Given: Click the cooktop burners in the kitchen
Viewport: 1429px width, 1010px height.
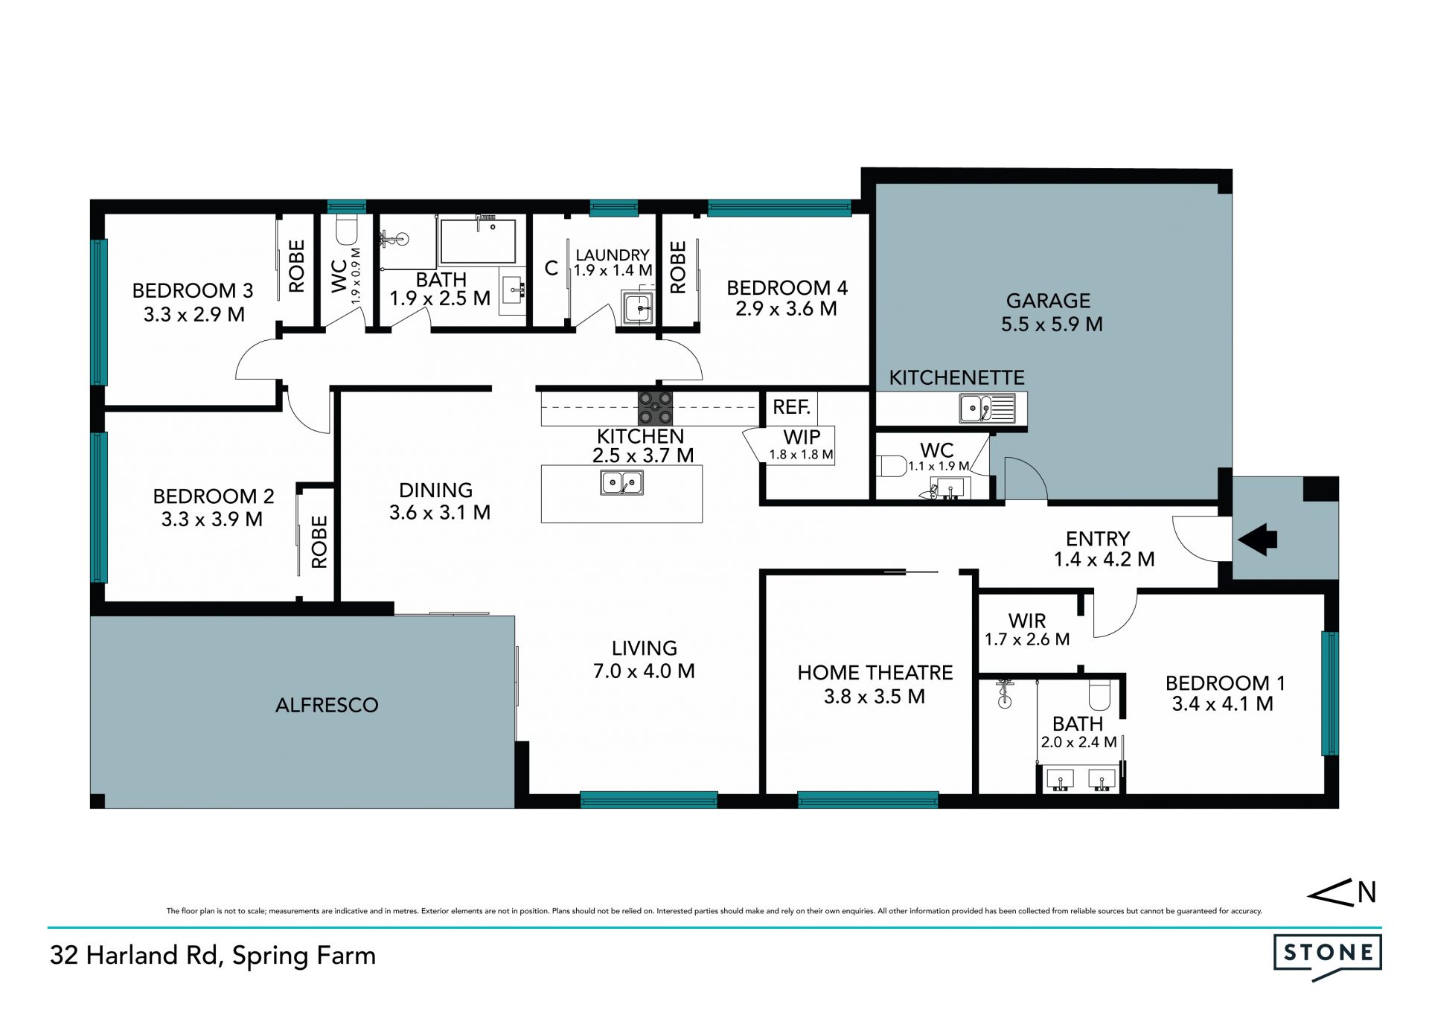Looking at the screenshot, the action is [x=655, y=408].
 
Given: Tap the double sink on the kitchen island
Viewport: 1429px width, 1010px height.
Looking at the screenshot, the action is [x=621, y=482].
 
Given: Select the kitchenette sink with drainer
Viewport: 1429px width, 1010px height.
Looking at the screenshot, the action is [x=987, y=409].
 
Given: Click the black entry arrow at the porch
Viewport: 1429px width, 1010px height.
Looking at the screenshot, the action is [x=1257, y=539].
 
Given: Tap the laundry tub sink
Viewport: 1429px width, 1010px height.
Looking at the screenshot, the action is [x=638, y=308].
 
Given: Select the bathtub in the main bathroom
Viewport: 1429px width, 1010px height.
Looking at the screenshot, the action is [x=478, y=240].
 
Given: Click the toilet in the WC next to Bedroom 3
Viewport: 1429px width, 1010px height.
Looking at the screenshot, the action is [x=347, y=230].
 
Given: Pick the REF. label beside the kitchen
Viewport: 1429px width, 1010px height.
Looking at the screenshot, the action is [x=791, y=407].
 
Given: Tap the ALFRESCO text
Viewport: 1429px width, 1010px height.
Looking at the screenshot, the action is [x=327, y=705].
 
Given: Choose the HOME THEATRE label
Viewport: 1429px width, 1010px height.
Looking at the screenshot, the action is [x=875, y=673].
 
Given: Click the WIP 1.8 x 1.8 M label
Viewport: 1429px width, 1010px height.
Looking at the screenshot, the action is [x=802, y=445].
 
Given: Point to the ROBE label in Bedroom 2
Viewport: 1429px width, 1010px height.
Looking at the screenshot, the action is [x=319, y=542].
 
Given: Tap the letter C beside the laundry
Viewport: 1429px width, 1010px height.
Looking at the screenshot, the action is [x=551, y=268].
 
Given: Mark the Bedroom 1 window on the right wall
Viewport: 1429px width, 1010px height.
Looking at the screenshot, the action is [x=1330, y=693].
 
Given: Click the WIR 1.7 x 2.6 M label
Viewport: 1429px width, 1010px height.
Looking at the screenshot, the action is [x=1027, y=630].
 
